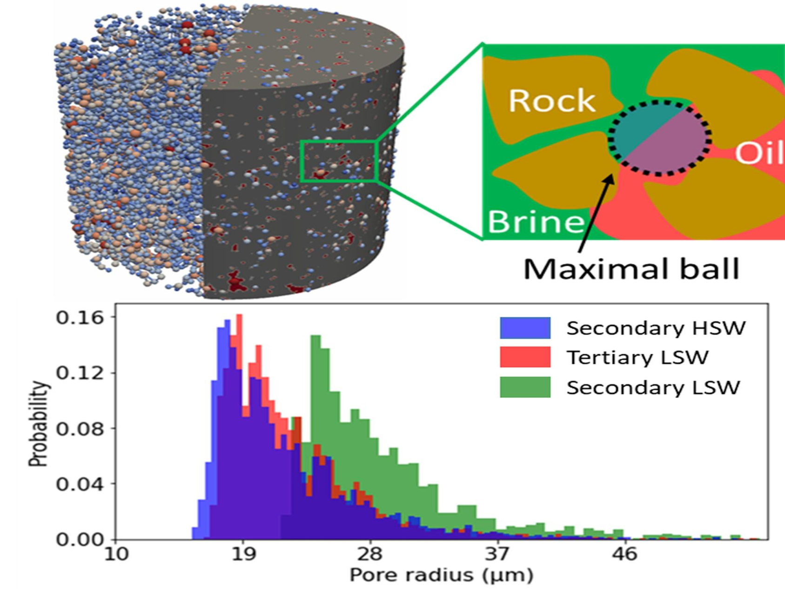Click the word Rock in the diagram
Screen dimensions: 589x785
(x=552, y=101)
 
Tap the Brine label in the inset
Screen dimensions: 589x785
(x=536, y=222)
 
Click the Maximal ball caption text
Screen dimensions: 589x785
(x=631, y=269)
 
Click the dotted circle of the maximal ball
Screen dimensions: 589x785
(x=659, y=138)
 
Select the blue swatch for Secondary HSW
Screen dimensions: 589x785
(x=525, y=328)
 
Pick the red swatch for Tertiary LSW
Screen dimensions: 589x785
(x=525, y=357)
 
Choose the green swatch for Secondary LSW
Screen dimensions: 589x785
(x=525, y=387)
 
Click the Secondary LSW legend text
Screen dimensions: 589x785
(x=653, y=387)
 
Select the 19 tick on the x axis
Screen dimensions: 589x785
(x=242, y=555)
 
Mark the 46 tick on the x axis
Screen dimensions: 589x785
(x=624, y=555)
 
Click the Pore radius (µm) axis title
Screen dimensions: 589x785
(x=441, y=575)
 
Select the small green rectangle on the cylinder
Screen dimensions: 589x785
(x=338, y=161)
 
